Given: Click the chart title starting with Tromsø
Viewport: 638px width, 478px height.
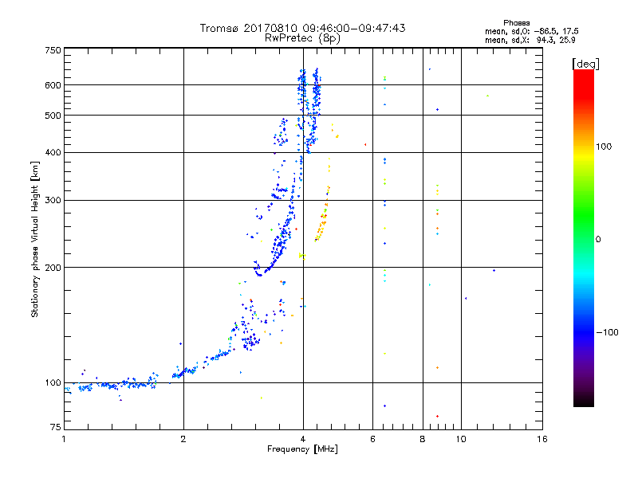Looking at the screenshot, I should (x=302, y=28).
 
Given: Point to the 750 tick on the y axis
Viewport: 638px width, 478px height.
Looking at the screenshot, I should (x=53, y=50).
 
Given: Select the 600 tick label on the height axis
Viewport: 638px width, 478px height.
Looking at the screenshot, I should (x=53, y=85).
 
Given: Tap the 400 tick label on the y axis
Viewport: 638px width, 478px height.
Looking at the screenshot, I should (x=53, y=153).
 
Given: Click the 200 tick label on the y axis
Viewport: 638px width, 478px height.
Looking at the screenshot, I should (x=53, y=268).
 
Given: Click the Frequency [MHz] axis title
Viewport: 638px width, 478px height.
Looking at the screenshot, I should (x=302, y=450).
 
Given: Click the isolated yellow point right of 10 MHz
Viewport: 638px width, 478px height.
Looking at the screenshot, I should (x=487, y=96).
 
